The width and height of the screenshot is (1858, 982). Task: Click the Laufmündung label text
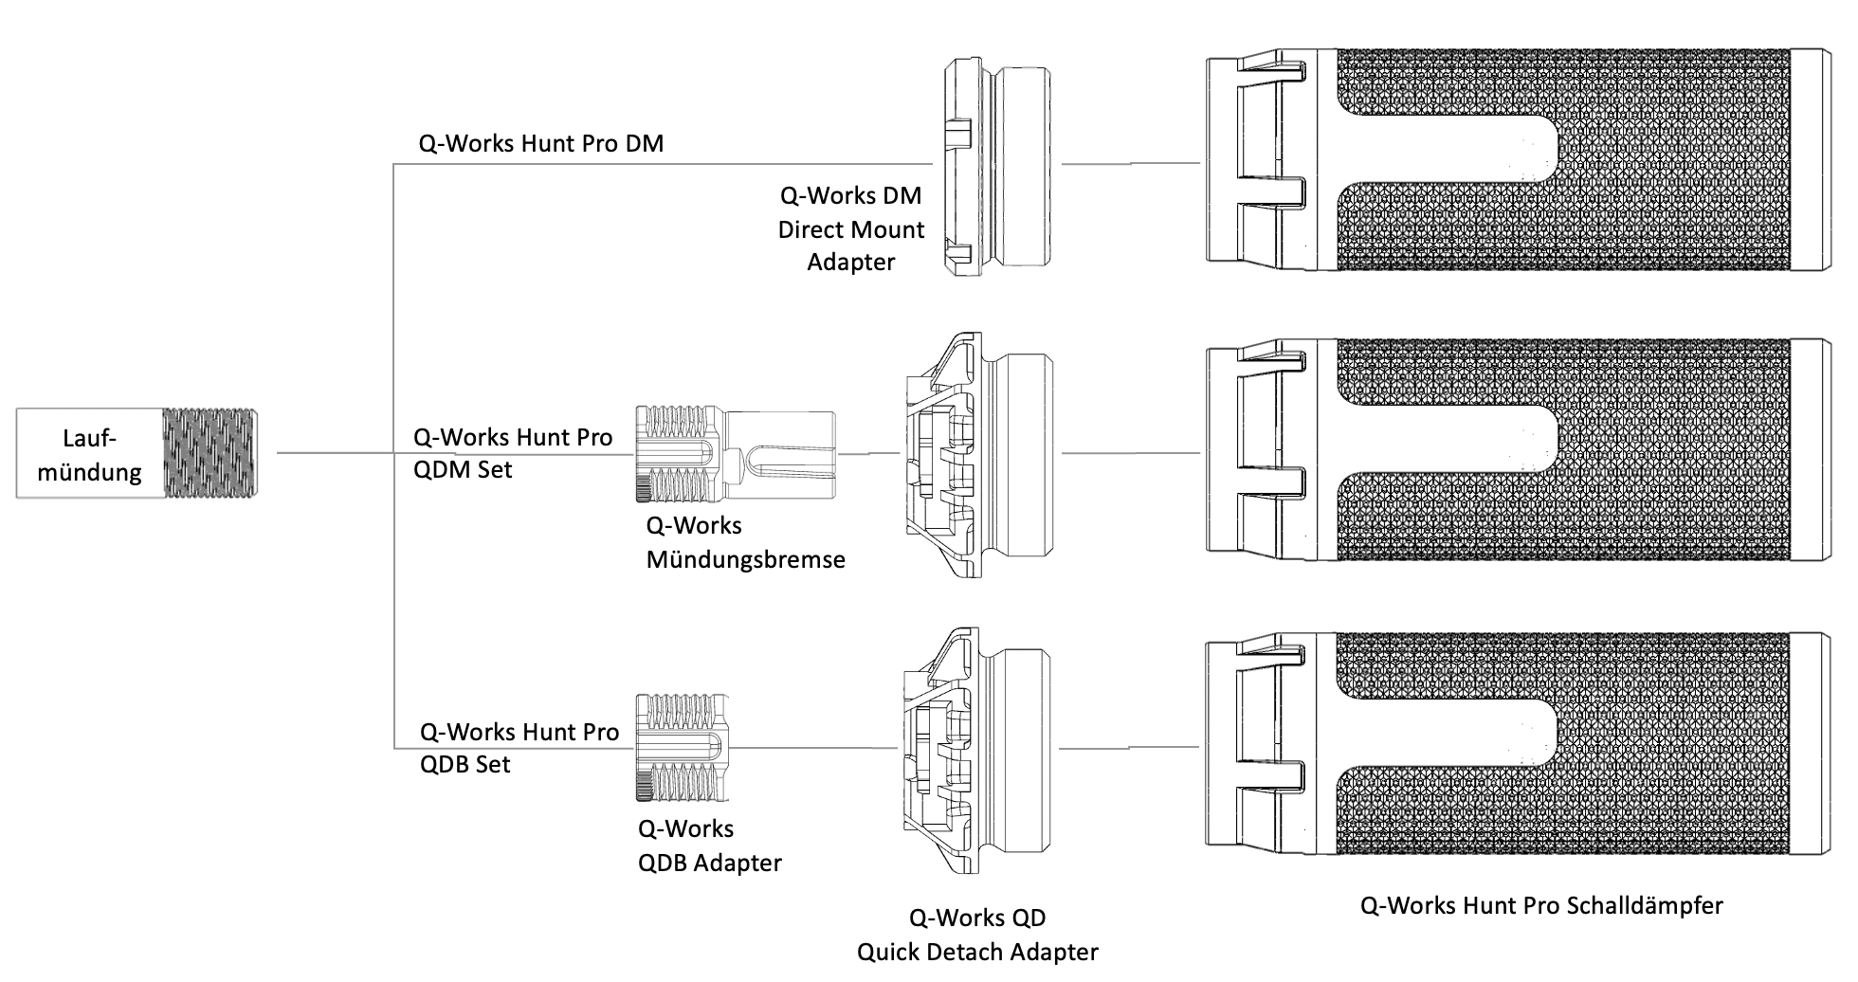click(89, 455)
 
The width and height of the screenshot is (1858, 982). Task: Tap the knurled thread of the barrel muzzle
click(209, 453)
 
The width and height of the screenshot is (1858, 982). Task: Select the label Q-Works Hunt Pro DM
click(541, 144)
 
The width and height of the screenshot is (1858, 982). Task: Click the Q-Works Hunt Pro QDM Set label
click(513, 453)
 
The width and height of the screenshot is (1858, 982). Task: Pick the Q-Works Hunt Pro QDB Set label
click(519, 748)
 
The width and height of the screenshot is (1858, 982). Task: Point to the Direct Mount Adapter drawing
click(996, 166)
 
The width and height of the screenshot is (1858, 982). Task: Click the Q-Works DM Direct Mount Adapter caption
click(851, 228)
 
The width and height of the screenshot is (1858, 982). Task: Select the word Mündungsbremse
click(745, 560)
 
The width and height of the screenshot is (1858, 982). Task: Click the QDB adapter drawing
click(683, 748)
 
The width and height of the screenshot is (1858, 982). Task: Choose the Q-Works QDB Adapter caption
click(709, 846)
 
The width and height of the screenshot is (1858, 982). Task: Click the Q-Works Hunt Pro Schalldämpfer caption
click(1541, 905)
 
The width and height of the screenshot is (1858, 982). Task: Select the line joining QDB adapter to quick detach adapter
click(816, 748)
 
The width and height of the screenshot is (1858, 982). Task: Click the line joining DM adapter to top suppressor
click(1131, 163)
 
